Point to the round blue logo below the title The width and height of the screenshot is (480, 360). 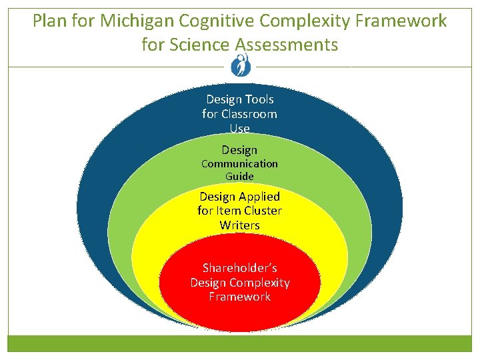239,65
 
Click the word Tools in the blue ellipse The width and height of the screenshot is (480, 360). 259,99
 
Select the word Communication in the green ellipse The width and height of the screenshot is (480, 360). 239,163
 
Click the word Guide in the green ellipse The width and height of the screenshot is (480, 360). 239,177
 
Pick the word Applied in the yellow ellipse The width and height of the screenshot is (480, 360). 257,197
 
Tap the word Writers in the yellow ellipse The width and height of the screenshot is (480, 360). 239,225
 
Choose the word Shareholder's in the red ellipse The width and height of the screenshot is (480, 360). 239,268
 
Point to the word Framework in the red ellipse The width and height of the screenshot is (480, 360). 239,297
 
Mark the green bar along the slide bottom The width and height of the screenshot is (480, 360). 239,343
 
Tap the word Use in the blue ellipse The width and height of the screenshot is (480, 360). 239,127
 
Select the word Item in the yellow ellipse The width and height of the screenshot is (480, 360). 227,211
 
